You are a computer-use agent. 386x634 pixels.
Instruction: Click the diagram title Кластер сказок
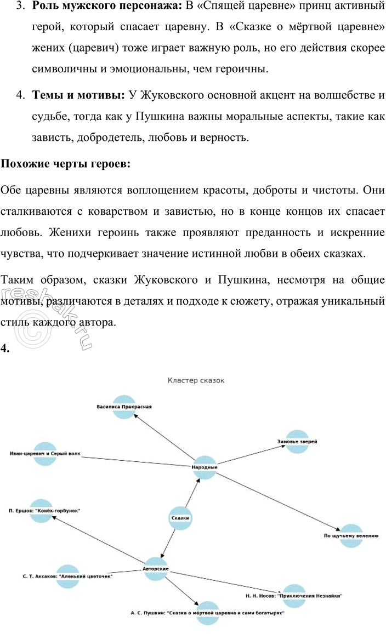(x=196, y=380)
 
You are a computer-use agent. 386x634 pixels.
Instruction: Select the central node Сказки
(x=180, y=517)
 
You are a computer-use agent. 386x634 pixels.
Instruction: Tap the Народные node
(x=205, y=467)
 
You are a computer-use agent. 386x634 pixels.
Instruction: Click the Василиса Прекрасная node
(x=124, y=407)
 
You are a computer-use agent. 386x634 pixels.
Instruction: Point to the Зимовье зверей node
(x=298, y=441)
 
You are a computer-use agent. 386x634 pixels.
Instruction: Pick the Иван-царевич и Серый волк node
(x=45, y=454)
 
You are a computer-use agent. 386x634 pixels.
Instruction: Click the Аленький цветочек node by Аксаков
(x=68, y=576)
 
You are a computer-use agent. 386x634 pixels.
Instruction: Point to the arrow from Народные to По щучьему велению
(x=280, y=501)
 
